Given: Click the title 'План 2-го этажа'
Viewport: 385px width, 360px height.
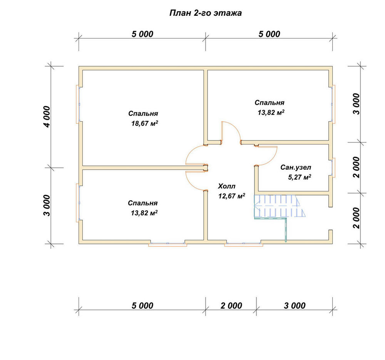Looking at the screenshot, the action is pos(206,13).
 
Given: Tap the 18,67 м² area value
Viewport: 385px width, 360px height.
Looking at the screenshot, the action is pos(145,123).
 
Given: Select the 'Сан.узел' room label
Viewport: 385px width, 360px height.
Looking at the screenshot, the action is pos(296,167).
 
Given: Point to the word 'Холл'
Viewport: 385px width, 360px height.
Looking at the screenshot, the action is pos(226,186).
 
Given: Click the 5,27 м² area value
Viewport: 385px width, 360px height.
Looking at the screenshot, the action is pos(299,177).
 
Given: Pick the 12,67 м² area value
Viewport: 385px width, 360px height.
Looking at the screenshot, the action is pos(231,196).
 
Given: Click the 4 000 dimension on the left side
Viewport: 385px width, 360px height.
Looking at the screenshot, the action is pos(47,117).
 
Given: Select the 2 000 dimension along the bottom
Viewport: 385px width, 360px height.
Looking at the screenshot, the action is pos(231,306).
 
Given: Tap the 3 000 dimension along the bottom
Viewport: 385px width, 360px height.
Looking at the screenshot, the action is pos(295,306).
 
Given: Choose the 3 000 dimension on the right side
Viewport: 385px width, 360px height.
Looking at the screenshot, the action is pos(356,104).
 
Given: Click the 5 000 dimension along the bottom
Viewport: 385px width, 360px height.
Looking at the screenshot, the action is pos(142,306).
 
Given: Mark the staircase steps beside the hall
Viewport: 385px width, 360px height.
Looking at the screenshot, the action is pos(280,206).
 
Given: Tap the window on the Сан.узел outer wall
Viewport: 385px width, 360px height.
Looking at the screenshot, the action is pos(333,167).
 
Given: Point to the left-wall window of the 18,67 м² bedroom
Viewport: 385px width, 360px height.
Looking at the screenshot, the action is pos(78,104).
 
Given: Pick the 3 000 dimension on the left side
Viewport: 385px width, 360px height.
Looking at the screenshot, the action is pos(47,206).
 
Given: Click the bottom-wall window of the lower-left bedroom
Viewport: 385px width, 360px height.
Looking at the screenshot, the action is pos(168,244).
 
